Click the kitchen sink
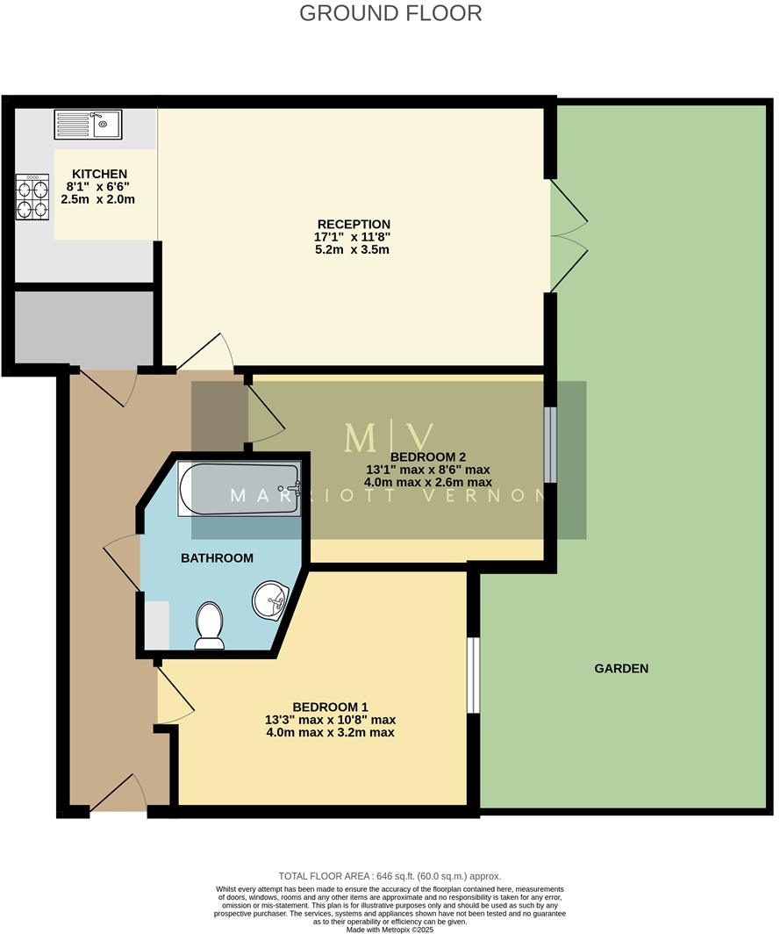tap(88, 124)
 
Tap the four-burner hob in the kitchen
tap(32, 198)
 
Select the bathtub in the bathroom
tap(240, 490)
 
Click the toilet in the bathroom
tap(210, 624)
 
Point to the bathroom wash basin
tap(271, 600)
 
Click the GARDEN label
tap(621, 668)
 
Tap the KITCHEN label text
tap(99, 174)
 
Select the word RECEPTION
tap(354, 224)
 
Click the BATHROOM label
tap(217, 557)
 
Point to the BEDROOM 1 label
tap(330, 707)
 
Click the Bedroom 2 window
tap(550, 444)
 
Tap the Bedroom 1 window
tap(474, 675)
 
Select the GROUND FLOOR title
tap(390, 13)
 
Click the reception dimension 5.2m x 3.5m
tap(354, 249)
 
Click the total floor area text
tap(390, 876)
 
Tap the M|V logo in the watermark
tap(390, 437)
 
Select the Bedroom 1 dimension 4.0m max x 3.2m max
tap(330, 732)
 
